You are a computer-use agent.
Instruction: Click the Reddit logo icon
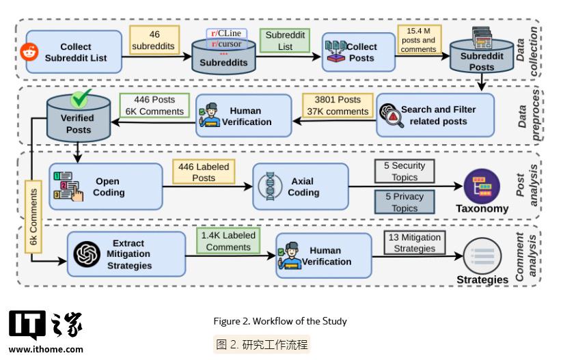(29, 52)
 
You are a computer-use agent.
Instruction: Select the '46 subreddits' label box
(154, 40)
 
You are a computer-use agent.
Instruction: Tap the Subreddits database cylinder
(223, 57)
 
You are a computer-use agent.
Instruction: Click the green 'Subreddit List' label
(285, 40)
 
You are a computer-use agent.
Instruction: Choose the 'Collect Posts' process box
(359, 52)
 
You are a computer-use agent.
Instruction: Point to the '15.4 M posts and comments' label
(419, 40)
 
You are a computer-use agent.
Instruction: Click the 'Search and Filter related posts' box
(435, 115)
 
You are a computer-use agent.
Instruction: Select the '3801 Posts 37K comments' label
(338, 105)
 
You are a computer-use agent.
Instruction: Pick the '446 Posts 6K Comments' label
(154, 105)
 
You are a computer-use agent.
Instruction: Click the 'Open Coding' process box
(106, 186)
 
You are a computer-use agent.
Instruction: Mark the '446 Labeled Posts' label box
(204, 172)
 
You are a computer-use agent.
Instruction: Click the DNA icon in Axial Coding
(270, 186)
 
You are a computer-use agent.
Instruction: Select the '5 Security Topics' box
(404, 171)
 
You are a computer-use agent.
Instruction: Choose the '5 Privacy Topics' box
(404, 202)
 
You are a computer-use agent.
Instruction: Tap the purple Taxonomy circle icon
(482, 186)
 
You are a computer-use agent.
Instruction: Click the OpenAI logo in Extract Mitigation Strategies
(87, 254)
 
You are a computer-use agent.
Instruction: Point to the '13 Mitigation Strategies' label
(415, 243)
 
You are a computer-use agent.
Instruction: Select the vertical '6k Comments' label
(33, 217)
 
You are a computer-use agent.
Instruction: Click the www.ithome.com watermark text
(46, 349)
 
